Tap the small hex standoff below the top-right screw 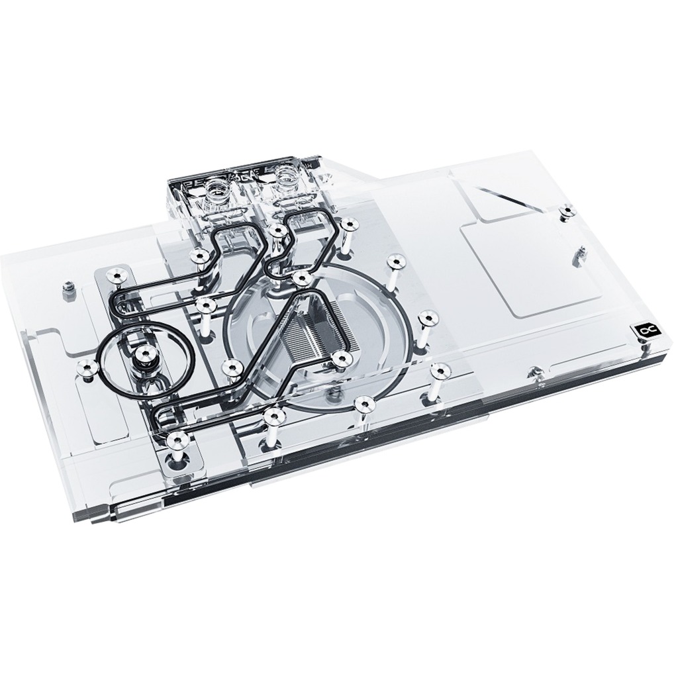(582, 252)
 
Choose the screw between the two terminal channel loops (278, 230)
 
